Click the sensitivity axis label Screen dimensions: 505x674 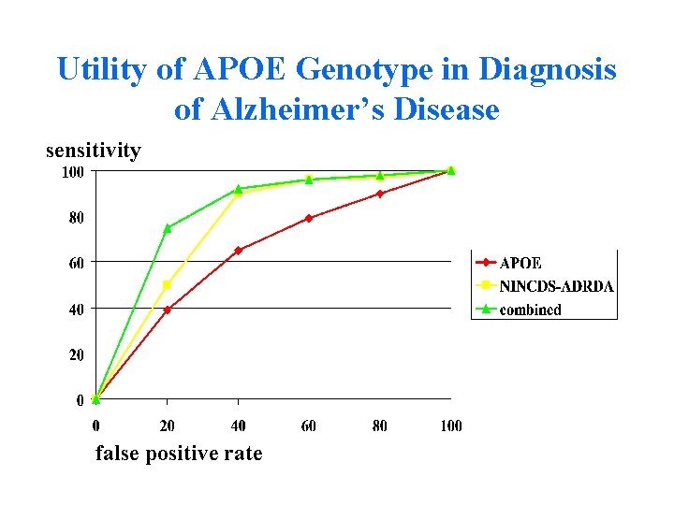pos(94,151)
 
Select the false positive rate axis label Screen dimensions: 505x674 pos(179,454)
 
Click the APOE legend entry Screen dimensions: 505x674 pos(520,264)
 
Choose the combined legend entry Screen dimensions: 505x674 pos(531,310)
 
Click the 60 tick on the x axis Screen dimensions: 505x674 pos(309,426)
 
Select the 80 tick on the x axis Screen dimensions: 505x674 pos(380,426)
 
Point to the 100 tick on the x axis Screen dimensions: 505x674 pos(450,426)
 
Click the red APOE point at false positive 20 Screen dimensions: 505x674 pos(168,310)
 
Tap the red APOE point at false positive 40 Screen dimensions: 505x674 pos(239,251)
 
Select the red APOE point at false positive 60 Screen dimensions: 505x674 pos(309,218)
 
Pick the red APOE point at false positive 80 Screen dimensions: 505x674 pos(380,194)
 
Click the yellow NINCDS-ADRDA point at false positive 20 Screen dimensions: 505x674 pos(168,285)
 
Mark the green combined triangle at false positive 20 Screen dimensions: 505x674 pos(168,227)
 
